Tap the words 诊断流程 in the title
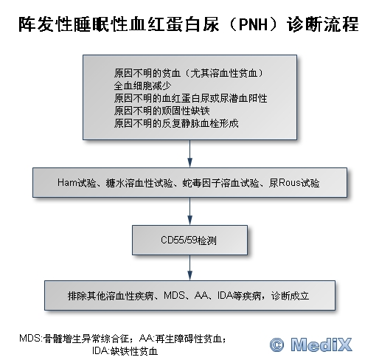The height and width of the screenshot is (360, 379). [x=322, y=24]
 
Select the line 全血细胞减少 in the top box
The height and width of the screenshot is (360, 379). [x=142, y=86]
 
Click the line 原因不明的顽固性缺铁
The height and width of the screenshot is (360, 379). [x=161, y=111]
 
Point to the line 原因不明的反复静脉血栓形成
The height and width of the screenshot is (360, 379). [x=176, y=123]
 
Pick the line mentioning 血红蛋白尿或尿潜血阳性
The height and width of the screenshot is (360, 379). [x=190, y=98]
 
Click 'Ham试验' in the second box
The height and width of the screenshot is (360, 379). [x=77, y=183]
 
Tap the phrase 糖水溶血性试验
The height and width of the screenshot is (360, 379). [x=139, y=183]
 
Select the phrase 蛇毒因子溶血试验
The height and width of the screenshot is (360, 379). [x=220, y=183]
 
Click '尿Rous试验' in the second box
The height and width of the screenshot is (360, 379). [x=294, y=183]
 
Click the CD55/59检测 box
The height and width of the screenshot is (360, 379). [x=189, y=240]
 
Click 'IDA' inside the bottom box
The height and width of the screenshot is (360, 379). [x=225, y=295]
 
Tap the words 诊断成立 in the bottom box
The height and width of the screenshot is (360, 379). [x=290, y=295]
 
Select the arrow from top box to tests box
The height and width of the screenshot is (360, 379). [x=189, y=153]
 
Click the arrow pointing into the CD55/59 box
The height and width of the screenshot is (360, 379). [x=189, y=211]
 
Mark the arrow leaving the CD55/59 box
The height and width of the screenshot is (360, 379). [x=189, y=268]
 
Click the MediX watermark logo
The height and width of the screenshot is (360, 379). [x=311, y=345]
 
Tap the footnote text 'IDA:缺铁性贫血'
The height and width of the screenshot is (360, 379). [x=125, y=351]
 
